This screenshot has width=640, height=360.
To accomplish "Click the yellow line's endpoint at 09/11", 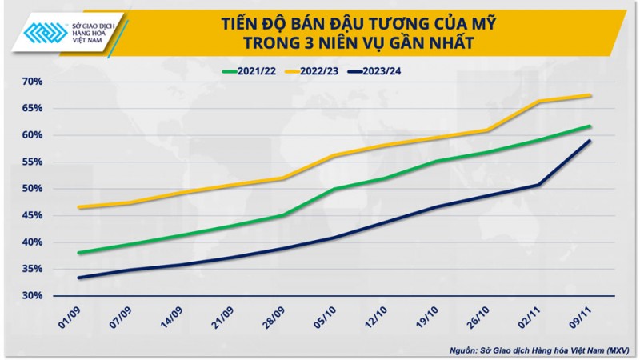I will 590,95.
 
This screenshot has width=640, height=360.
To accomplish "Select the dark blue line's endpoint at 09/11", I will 590,141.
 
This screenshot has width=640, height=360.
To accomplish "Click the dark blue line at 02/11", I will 539,185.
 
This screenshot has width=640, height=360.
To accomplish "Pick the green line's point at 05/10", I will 334,190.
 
